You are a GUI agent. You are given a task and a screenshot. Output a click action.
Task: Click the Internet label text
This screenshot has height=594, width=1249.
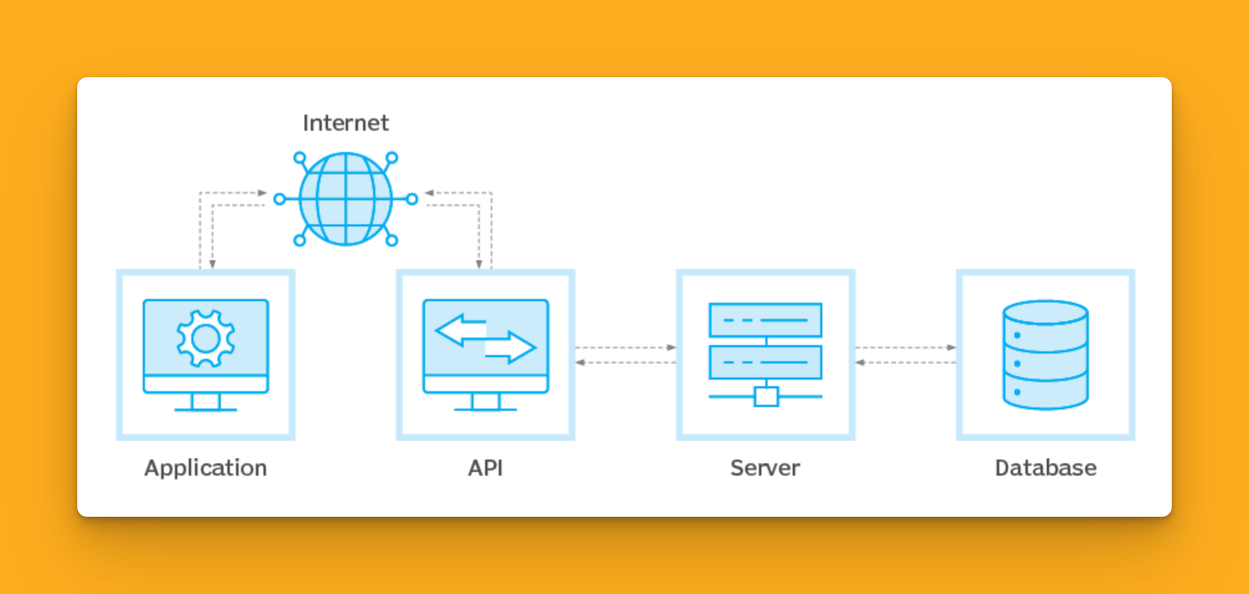[346, 123]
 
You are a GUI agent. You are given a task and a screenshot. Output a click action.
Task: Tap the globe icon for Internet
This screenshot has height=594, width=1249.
[346, 199]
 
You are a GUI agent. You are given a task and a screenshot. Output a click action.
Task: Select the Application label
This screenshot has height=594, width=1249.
[205, 468]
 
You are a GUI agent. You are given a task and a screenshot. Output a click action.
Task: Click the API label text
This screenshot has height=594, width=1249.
[485, 468]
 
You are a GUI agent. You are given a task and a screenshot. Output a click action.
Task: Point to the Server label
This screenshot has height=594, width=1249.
[765, 468]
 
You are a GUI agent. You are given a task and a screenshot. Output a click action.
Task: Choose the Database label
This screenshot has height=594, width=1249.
[1045, 468]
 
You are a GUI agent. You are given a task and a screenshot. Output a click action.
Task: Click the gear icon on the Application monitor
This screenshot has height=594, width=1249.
[205, 339]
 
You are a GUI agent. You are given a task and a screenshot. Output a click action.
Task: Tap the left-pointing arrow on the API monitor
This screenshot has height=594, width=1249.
[460, 330]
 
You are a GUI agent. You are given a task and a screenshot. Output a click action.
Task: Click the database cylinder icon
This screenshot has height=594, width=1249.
[1045, 355]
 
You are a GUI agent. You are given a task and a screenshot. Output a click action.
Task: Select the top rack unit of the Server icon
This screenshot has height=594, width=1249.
[765, 320]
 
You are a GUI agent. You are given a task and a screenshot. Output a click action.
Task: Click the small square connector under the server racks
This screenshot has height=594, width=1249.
[766, 397]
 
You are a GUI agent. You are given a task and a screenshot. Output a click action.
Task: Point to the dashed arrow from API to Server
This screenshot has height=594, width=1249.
[625, 347]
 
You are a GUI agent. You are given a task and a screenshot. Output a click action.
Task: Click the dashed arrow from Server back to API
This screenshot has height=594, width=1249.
[625, 362]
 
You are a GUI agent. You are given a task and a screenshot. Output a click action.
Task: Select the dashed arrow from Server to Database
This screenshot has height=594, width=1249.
[905, 347]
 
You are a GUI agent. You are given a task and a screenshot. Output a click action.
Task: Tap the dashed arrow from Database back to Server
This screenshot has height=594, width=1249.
[905, 362]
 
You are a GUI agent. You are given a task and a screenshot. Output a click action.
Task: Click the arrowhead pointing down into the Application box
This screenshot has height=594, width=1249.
[212, 264]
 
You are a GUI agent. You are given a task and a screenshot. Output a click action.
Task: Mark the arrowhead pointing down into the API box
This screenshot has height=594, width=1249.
[479, 264]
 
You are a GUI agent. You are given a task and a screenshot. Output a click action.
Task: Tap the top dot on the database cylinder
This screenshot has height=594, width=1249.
[1017, 335]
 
